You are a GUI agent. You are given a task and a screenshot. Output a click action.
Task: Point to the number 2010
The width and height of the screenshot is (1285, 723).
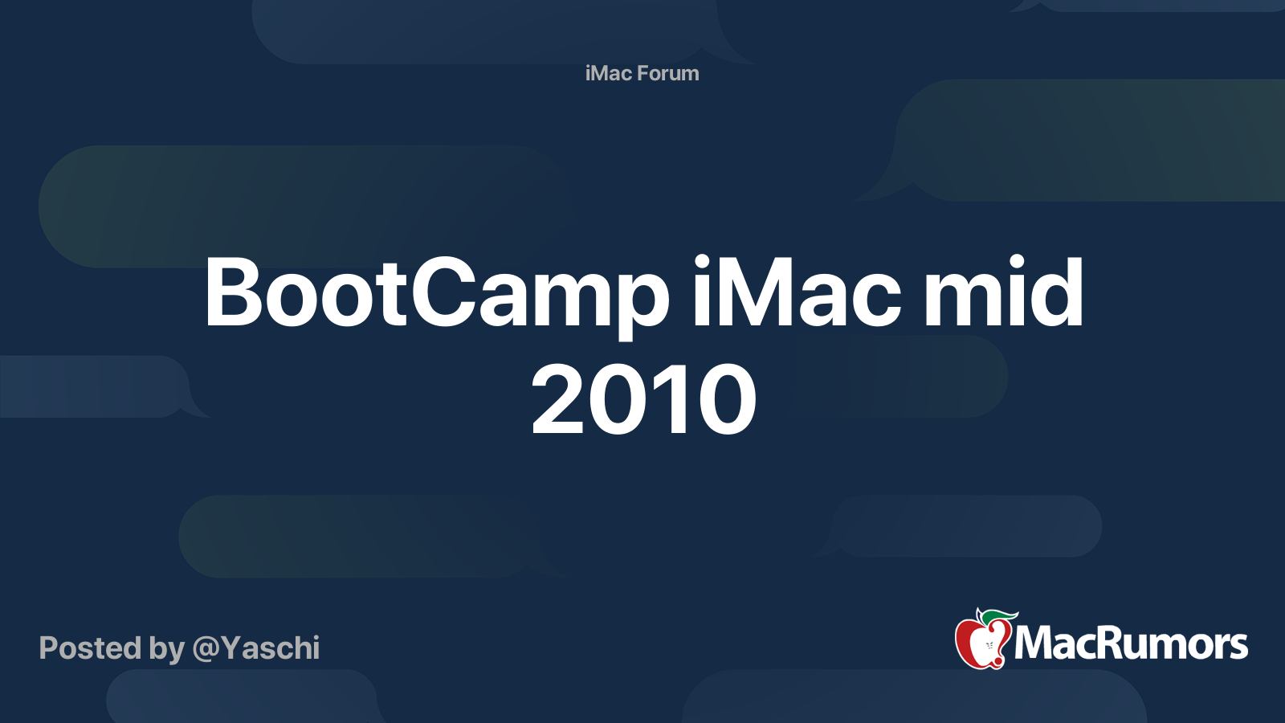643,400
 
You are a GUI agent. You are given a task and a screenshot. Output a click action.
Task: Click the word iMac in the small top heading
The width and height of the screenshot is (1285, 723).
608,73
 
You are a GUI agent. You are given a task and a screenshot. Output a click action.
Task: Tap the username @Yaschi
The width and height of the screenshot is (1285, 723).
256,648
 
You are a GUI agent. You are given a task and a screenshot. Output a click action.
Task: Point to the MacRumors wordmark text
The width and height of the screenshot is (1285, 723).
1131,643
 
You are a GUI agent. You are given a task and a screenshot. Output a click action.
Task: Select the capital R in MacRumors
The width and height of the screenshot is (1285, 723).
1107,643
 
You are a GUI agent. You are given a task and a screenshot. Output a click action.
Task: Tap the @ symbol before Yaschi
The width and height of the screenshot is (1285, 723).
206,649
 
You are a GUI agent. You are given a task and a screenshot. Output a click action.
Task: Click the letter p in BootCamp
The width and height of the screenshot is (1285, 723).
638,301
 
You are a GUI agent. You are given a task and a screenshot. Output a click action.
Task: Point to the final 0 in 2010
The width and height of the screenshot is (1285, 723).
728,400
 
